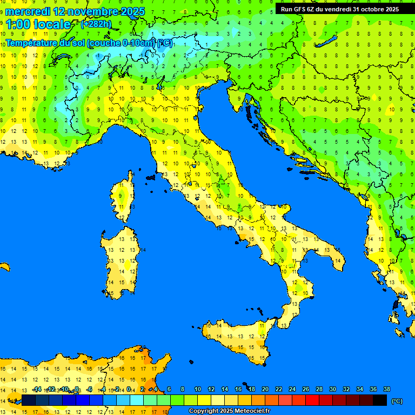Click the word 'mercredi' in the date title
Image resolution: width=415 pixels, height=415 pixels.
point(27,11)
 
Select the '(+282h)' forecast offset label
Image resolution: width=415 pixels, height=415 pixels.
point(96,24)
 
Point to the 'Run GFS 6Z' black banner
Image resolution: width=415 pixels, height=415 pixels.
point(339,9)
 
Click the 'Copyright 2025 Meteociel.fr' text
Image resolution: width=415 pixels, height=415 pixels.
point(229,411)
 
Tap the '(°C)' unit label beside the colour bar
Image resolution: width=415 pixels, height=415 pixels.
point(397,401)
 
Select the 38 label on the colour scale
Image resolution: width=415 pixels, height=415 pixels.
point(386,390)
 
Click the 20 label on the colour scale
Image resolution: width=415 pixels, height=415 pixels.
point(265,390)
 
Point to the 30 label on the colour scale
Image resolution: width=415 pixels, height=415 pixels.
point(333,390)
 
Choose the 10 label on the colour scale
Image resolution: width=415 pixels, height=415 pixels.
point(198,390)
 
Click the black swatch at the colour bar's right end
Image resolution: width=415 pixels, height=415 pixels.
point(380,400)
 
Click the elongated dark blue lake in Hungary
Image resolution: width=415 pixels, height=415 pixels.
point(326,42)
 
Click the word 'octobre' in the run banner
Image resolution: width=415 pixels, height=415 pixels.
point(372,9)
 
